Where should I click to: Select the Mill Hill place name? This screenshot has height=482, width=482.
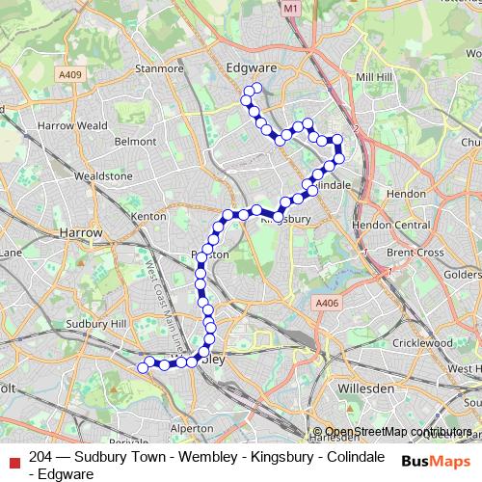pos(374,76)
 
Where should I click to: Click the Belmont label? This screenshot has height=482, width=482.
pos(134,141)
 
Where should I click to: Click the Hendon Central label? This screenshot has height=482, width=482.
pos(397,225)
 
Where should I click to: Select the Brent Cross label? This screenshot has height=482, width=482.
pos(415,253)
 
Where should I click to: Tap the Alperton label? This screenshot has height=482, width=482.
pos(191,427)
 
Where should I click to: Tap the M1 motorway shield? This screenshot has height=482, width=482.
pos(291,8)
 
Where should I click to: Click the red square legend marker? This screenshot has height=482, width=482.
pos(13,458)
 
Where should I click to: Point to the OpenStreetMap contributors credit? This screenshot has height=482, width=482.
pos(391,432)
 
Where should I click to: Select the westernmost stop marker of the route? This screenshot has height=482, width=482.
pos(143,367)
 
